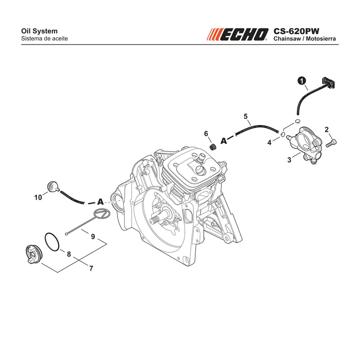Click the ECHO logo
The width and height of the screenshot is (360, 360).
(238, 35)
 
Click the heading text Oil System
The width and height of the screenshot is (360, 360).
(39, 31)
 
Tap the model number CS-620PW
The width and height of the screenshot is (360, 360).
(296, 31)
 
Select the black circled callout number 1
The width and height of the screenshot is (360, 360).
(302, 81)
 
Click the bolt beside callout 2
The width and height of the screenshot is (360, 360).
(331, 143)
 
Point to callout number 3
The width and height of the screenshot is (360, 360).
(289, 160)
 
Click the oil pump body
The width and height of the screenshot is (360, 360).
(303, 144)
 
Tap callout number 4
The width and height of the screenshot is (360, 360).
(269, 143)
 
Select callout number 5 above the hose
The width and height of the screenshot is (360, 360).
(246, 117)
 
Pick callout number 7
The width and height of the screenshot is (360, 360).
(91, 268)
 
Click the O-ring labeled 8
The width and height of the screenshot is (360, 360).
(52, 242)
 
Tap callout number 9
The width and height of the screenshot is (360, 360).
(93, 237)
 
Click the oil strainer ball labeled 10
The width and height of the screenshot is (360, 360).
(53, 185)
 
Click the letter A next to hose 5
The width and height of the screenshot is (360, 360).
(224, 140)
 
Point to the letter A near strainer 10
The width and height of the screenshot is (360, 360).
(100, 202)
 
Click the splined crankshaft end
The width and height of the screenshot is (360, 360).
(156, 221)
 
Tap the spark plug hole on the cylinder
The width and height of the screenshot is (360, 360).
(199, 171)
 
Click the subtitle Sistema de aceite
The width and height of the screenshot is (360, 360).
(45, 38)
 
